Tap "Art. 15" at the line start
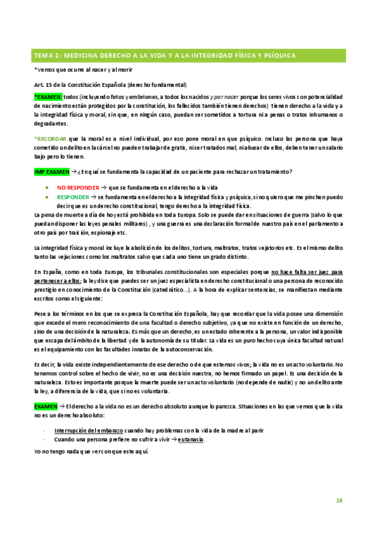pyautogui.click(x=42, y=84)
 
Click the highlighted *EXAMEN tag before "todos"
pyautogui.click(x=48, y=97)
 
